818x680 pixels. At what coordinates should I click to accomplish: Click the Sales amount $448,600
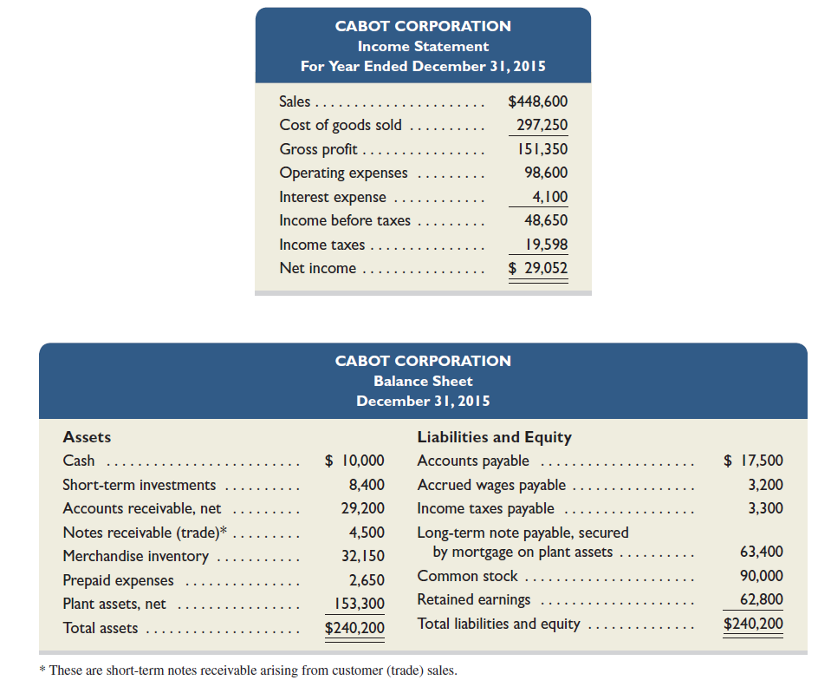click(537, 101)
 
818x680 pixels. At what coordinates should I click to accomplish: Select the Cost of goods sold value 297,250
click(542, 125)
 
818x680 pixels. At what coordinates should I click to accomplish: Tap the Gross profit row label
click(318, 149)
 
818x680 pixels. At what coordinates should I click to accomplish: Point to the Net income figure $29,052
click(537, 268)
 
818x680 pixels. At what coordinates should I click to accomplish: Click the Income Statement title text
click(423, 46)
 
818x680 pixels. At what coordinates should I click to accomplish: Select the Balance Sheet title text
click(423, 381)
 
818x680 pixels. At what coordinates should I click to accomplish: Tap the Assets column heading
click(87, 437)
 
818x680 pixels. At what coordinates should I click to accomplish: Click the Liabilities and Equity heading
click(494, 437)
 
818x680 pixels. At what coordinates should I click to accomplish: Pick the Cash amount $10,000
click(354, 461)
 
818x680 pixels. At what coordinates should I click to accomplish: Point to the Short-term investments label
click(140, 485)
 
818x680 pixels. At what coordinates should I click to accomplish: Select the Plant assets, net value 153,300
click(359, 604)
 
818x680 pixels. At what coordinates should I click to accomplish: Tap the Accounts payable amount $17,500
click(753, 461)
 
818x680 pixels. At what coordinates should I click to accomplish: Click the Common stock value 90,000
click(762, 576)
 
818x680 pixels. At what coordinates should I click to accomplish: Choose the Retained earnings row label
click(473, 599)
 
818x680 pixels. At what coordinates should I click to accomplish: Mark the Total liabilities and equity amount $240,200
click(753, 624)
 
